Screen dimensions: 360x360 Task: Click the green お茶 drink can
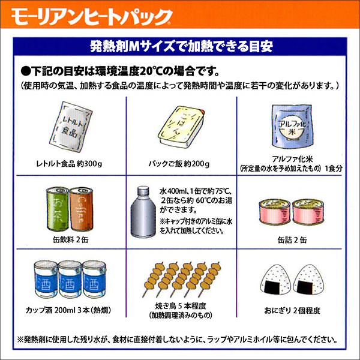pos(58,208)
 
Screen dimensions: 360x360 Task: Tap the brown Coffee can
pos(81,209)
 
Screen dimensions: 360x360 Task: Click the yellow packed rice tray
pos(181,127)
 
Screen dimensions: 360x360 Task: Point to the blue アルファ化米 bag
pos(292,127)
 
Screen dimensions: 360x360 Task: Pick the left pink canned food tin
pos(275,212)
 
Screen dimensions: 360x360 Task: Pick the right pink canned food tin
pos(308,212)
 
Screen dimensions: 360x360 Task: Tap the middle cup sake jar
pos(70,279)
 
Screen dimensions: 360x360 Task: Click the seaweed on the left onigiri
pos(272,287)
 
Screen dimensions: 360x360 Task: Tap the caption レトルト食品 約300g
pos(69,164)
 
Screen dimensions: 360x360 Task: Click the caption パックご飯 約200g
pos(179,164)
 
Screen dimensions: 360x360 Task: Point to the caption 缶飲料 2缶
pos(70,239)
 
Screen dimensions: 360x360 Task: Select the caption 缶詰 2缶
pos(292,240)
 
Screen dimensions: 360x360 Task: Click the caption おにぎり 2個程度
pos(292,311)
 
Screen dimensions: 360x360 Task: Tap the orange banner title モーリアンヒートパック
pos(91,17)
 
